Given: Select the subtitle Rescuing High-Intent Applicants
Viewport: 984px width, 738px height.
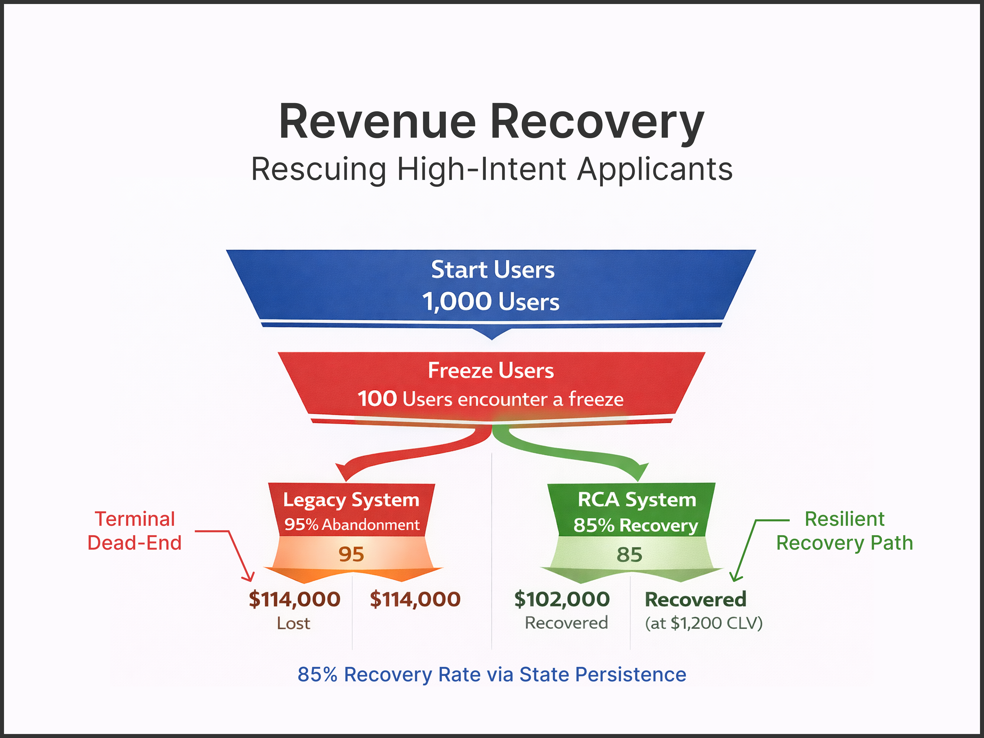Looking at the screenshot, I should click(x=491, y=169).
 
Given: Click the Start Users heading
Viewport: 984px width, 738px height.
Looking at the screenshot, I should click(x=493, y=270).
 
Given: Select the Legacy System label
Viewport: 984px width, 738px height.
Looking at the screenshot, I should click(x=351, y=500).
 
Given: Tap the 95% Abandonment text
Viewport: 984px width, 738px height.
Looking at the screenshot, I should click(x=351, y=525).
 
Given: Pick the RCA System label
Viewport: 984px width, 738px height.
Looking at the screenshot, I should click(x=637, y=500).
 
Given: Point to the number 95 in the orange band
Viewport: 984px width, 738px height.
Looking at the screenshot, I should click(x=351, y=554).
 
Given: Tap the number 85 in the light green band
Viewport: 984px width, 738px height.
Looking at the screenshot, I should click(x=629, y=554).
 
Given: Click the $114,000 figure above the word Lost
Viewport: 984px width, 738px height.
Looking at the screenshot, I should click(x=294, y=599).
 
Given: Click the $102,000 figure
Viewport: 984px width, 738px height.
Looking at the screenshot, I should click(x=562, y=599).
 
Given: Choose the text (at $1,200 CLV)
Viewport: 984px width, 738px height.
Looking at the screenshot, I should click(x=704, y=623).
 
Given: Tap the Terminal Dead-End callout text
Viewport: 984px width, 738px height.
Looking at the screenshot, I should click(x=135, y=531).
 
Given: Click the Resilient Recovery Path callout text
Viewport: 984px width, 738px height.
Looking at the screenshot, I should click(x=844, y=531).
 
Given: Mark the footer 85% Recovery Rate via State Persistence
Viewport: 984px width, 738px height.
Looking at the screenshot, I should click(x=491, y=674).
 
